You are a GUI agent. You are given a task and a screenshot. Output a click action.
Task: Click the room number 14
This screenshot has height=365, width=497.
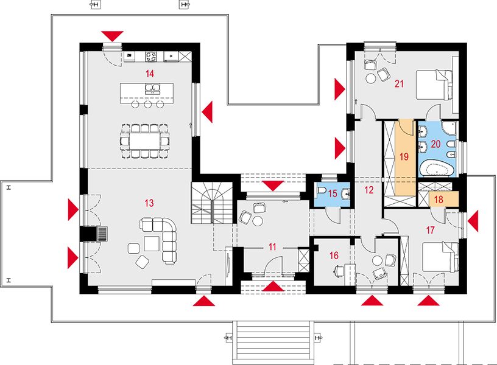point(150,74)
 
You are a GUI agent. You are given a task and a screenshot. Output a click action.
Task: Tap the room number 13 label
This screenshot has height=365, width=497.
point(149,203)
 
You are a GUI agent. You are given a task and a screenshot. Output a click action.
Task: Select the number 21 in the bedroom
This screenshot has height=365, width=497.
point(399,84)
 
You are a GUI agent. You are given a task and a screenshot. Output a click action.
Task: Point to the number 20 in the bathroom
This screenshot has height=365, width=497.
point(436,144)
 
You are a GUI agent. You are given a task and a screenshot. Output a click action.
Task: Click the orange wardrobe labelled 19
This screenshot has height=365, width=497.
point(404,158)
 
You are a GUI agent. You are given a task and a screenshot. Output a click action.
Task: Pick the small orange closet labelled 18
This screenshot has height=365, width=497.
point(444,199)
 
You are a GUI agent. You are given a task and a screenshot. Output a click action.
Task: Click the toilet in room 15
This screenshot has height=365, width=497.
point(322,191)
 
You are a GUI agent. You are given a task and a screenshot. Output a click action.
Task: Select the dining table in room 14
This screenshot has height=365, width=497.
point(145,141)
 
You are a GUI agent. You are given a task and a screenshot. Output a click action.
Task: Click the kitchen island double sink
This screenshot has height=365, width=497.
point(152,88)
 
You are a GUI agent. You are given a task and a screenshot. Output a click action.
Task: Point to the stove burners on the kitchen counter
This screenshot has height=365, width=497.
point(151,57)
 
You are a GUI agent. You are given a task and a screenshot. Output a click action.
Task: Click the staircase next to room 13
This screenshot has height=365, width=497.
point(212,203)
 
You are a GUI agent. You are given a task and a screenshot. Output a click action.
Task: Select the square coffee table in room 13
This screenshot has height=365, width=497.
point(152,243)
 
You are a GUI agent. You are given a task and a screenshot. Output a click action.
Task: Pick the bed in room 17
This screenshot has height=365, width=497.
point(440,257)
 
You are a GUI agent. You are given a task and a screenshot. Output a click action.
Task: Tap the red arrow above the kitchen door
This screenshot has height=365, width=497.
point(112,36)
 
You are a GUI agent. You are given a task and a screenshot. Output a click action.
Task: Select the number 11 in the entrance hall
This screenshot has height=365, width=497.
point(272,246)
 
